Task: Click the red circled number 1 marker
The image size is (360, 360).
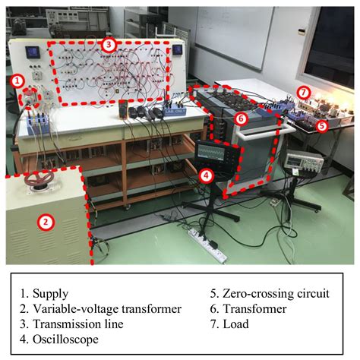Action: click(x=17, y=81)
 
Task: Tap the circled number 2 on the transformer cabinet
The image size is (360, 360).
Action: click(x=46, y=222)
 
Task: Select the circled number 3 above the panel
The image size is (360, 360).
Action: click(x=109, y=45)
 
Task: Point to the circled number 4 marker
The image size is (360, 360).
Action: click(x=207, y=175)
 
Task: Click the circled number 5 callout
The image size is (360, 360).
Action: click(x=321, y=126)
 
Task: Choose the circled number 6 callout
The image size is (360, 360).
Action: click(x=241, y=118)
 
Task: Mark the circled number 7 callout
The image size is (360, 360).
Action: click(x=304, y=93)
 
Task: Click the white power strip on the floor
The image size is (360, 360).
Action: click(x=207, y=245)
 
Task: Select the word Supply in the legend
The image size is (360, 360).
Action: click(x=51, y=294)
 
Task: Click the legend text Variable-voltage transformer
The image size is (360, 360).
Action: click(x=107, y=309)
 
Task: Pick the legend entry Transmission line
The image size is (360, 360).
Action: click(x=78, y=324)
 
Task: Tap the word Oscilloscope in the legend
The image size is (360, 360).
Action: click(x=65, y=339)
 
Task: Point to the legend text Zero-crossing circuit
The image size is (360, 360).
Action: click(x=276, y=294)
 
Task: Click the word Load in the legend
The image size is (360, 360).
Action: click(x=235, y=324)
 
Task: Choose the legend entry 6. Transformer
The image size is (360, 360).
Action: click(x=248, y=309)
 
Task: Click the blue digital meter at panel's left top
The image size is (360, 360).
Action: click(x=32, y=52)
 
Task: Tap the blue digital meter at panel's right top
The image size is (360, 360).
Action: click(x=177, y=49)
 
